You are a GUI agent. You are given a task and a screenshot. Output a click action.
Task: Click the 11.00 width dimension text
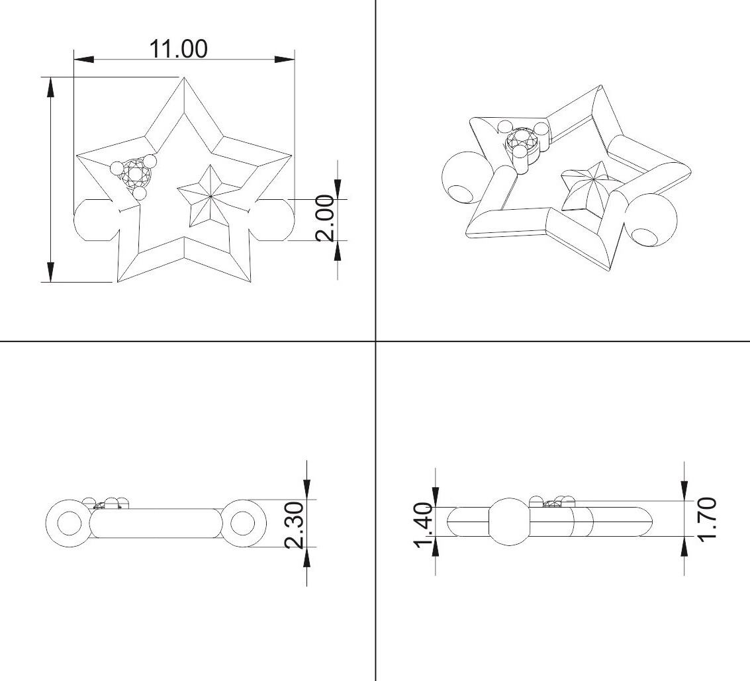(179, 49)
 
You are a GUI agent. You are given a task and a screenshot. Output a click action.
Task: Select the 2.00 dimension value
(324, 218)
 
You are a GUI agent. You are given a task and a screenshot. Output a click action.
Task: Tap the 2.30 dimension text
(293, 524)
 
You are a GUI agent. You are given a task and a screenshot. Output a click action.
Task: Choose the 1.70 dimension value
(707, 518)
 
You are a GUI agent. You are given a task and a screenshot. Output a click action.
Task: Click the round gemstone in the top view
(136, 175)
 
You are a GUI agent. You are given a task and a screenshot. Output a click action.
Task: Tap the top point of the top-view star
(183, 79)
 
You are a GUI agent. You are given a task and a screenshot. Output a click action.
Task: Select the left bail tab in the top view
(93, 219)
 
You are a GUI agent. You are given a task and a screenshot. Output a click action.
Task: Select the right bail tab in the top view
(275, 219)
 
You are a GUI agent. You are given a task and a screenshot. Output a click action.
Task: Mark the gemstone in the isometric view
(522, 141)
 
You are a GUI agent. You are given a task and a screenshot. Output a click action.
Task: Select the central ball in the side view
(509, 521)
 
